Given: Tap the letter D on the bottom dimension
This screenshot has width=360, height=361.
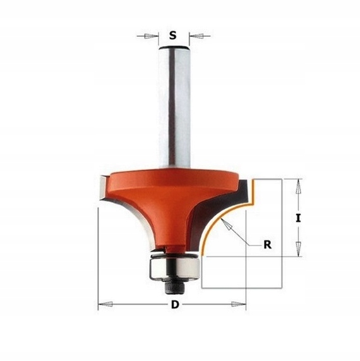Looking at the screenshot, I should click(x=174, y=306).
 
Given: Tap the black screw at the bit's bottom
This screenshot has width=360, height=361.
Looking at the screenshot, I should click(x=172, y=285).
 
